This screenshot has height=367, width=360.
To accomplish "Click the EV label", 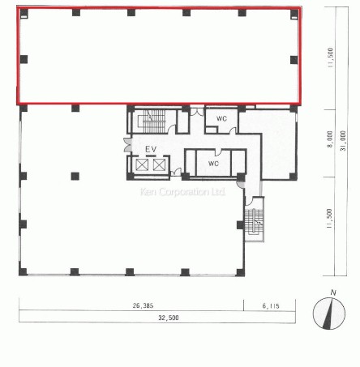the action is point(151,149).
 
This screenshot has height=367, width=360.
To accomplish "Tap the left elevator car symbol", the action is point(142,164).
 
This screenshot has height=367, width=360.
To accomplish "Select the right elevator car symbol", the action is point(159,164).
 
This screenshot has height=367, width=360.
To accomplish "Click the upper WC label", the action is point(221,118).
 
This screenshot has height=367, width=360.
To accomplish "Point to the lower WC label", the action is point(213,164).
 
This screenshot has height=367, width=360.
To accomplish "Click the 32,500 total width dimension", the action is point(169,318).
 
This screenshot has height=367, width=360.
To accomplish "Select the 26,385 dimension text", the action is point(143,305).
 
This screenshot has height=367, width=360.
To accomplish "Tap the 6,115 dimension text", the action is point(271,306).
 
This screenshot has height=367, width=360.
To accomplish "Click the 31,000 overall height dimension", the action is point(343,141).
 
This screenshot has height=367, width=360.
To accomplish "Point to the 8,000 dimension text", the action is point(330,139).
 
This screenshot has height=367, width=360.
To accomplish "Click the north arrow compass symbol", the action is point(329,314).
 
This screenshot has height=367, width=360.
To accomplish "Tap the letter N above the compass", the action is point(333,292).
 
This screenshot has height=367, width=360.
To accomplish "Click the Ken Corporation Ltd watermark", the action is point(182,192).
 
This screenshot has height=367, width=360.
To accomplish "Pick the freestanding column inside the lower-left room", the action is point(75,177).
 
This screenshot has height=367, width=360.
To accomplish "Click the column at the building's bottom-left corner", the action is point(23,271).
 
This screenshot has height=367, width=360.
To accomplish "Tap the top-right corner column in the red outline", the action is point(294,13).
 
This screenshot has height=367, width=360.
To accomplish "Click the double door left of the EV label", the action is point(127,145).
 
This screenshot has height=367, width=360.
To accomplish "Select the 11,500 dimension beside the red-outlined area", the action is point(330,58).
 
